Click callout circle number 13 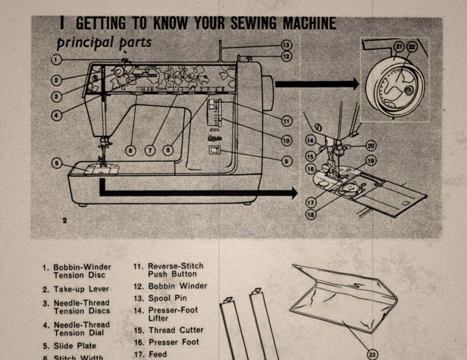click(x=286, y=45)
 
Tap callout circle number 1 click(x=57, y=59)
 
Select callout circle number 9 click(x=286, y=161)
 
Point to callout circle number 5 click(x=57, y=163)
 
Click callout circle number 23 click(x=372, y=355)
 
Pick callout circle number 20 click(x=371, y=145)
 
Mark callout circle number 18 click(x=311, y=214)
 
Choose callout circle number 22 click(x=412, y=47)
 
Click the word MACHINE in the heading click(x=304, y=23)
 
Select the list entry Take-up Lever click(x=81, y=289)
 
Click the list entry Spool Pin click(x=167, y=298)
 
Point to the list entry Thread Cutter click(x=176, y=330)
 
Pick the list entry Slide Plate click(x=75, y=346)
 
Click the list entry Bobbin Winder click(x=177, y=286)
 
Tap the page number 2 click(x=65, y=221)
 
